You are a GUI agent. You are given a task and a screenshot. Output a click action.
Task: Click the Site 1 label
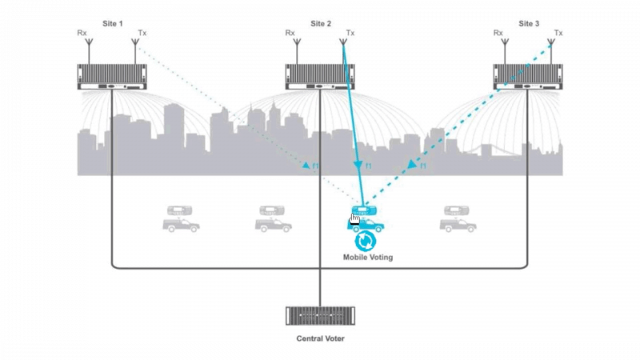112,24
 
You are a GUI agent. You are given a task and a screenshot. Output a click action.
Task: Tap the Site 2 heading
320,24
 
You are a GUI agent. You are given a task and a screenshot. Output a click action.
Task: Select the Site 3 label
528,24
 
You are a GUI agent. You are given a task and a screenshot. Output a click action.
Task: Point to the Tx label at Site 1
142,34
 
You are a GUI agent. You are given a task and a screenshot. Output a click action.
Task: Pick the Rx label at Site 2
290,34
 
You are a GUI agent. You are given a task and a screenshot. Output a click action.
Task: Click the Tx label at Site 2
350,34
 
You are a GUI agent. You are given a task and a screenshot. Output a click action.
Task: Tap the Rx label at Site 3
498,34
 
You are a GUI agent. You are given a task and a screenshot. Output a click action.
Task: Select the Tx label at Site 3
558,34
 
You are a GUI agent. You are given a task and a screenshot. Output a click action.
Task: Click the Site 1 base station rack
112,76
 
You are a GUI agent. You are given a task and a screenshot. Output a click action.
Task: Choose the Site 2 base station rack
320,76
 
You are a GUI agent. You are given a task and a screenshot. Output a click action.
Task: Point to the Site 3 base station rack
528,76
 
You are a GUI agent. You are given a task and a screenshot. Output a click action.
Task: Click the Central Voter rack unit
320,315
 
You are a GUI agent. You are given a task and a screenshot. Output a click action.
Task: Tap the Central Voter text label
320,338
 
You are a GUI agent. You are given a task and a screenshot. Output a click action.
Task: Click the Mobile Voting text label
368,258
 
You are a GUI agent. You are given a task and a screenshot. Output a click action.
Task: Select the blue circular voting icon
366,241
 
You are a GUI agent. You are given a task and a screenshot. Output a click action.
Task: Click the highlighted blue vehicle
365,219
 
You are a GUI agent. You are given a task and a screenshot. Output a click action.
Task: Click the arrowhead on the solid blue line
358,166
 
